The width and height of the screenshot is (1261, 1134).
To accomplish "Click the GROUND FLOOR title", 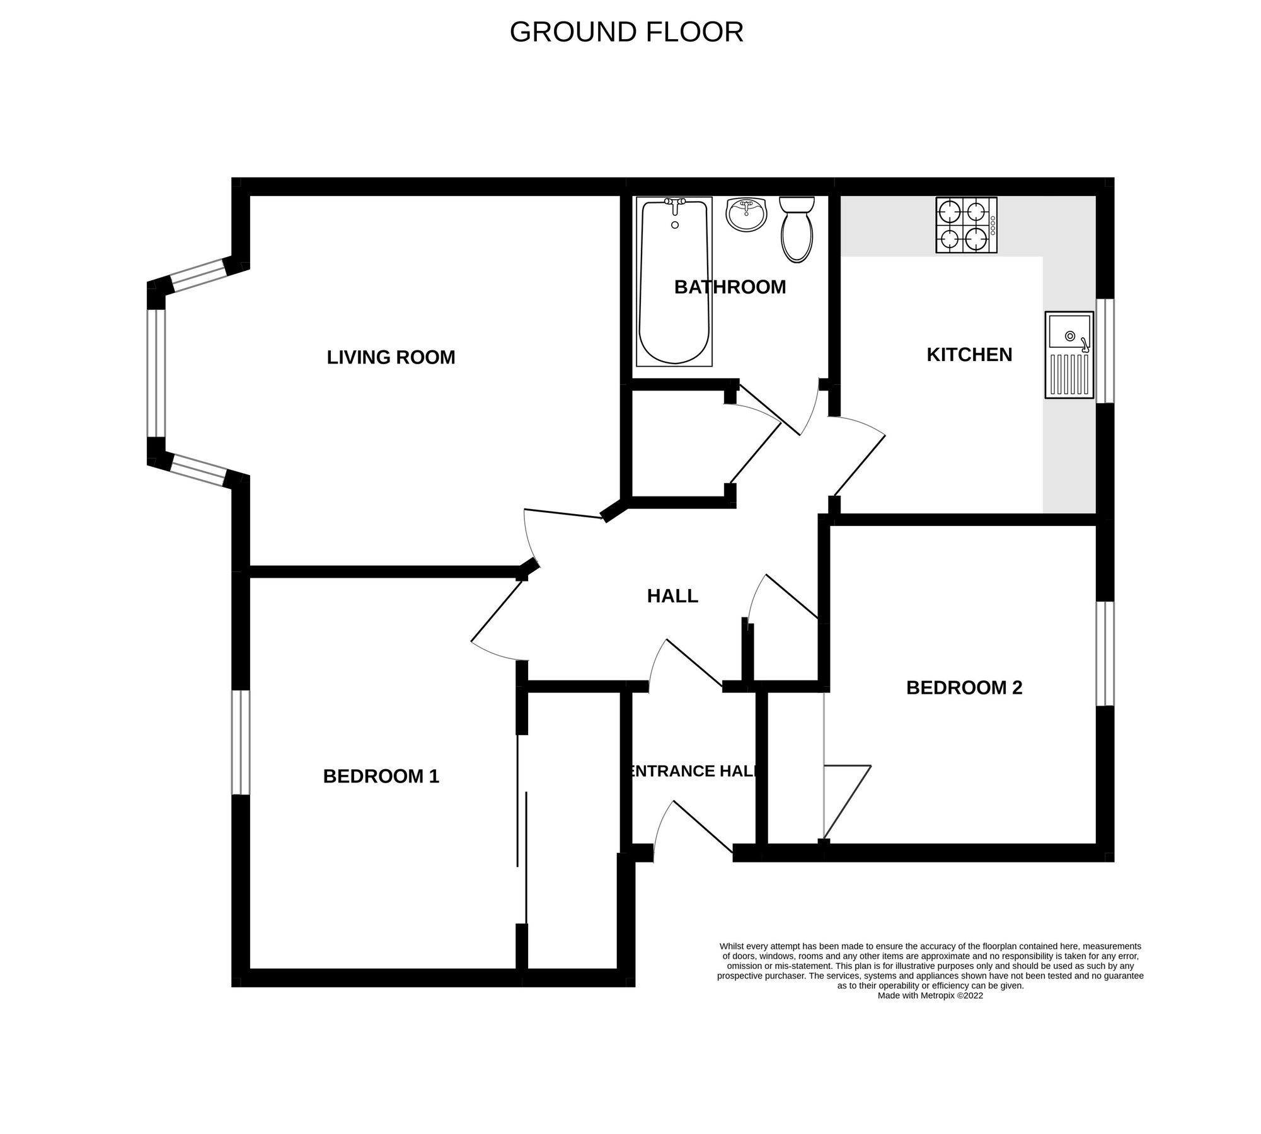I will [626, 32].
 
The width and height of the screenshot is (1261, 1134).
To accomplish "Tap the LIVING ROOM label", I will [391, 357].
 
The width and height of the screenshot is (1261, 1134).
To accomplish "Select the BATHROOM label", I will [730, 287].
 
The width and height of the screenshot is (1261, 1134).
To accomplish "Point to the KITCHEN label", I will [969, 355].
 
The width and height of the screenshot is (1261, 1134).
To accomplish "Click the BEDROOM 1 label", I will [381, 776].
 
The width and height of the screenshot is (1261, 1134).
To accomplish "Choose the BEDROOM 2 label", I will [964, 687].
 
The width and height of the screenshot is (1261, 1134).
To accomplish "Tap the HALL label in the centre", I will [672, 596].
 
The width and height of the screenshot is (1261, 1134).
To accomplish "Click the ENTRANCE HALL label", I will [693, 771].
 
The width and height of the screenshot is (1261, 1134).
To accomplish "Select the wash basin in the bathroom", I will [746, 215].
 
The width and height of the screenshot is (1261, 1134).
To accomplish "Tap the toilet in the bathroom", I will [797, 231].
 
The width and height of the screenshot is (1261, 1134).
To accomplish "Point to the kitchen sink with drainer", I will [1069, 355].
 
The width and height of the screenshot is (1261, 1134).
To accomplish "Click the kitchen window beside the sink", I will [1105, 350].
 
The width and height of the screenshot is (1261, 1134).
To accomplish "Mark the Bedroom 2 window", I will [1105, 653].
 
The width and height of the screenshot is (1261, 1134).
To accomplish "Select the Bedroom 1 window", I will [241, 742].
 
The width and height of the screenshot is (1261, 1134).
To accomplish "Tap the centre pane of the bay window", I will [156, 373].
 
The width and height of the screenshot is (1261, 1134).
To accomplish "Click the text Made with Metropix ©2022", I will [930, 996].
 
